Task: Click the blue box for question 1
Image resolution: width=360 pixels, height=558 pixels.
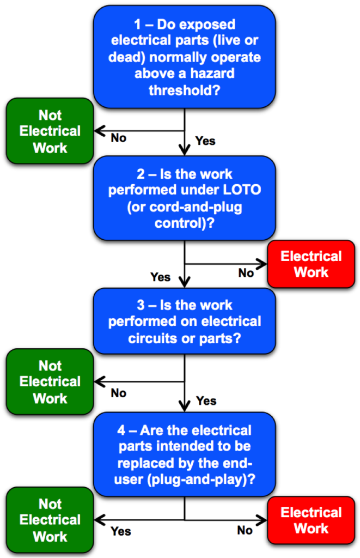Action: pos(184,57)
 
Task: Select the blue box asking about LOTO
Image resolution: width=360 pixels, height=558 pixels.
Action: pos(184,198)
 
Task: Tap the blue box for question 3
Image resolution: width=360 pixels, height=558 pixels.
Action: pos(184,322)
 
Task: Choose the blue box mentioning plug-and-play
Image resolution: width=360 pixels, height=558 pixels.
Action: pos(184,453)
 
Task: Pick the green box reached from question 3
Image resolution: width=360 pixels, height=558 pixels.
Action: pos(50,382)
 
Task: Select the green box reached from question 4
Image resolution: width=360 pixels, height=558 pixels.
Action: pos(50,520)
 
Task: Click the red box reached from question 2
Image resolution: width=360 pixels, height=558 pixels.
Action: pos(311,264)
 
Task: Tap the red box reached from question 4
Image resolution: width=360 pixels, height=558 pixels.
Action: pos(311,520)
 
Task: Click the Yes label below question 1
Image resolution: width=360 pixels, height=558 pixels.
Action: pos(205,141)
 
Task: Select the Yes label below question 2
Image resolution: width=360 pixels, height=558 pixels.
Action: pos(160,277)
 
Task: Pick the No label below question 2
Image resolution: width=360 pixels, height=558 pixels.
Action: pos(246,273)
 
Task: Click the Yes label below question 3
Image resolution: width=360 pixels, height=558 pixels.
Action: pos(206,401)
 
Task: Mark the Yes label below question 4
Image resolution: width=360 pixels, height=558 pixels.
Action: pos(121,531)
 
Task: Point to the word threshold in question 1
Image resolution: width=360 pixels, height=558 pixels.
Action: pos(185,90)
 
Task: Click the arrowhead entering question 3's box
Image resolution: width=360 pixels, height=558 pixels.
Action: pos(185,283)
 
